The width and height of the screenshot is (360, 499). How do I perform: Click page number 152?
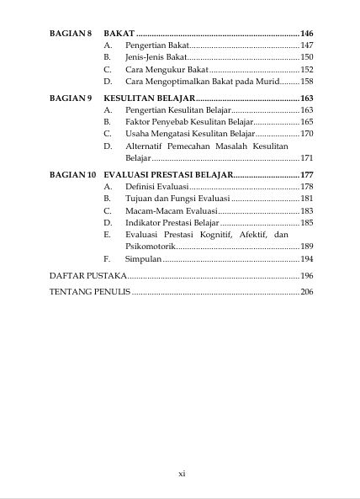point(306,69)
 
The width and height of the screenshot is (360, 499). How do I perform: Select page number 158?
point(306,82)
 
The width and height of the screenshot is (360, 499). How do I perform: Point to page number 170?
point(306,134)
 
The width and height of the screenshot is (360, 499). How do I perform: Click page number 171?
point(306,157)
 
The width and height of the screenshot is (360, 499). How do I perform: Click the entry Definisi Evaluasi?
point(156,186)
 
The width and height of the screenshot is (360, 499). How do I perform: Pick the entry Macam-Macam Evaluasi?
point(166,210)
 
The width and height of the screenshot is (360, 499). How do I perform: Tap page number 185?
point(306,222)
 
